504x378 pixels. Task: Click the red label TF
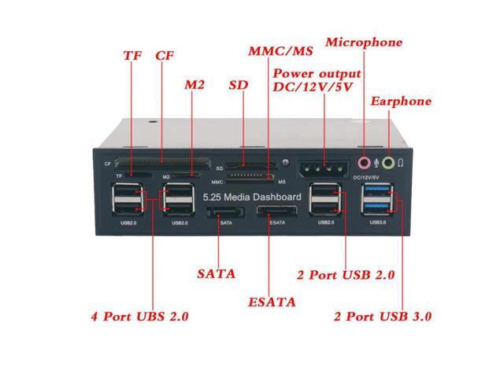pos(132,56)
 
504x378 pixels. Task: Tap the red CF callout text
pos(165,56)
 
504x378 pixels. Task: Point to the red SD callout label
pos(237,84)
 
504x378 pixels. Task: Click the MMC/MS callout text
pos(280,52)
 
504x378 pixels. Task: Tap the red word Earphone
pos(401,101)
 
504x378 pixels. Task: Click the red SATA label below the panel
pos(216,274)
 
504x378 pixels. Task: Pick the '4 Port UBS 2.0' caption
pos(139,317)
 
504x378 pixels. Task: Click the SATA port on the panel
pos(227,214)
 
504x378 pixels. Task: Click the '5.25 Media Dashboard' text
pos(252,196)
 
